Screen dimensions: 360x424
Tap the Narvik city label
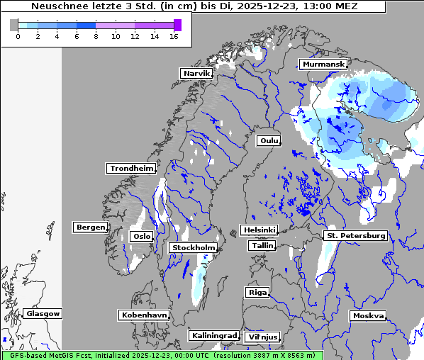click(x=196, y=74)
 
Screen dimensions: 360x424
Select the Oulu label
click(x=269, y=140)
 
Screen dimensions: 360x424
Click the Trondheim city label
click(x=131, y=169)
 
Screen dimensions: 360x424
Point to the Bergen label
click(x=90, y=227)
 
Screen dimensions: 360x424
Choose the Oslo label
click(x=142, y=237)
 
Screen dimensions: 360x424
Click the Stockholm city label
click(x=193, y=248)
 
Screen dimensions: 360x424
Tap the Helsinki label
click(x=259, y=230)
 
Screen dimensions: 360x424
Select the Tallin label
click(x=262, y=246)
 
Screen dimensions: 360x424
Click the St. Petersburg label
click(x=355, y=235)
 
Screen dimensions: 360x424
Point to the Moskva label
click(x=368, y=316)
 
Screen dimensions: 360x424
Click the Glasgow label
click(x=43, y=314)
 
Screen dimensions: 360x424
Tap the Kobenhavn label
click(x=144, y=315)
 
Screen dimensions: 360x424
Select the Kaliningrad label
click(x=213, y=336)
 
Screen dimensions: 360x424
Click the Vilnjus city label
click(x=262, y=337)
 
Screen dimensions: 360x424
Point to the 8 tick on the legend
click(x=96, y=37)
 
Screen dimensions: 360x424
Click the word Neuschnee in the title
click(x=60, y=6)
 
